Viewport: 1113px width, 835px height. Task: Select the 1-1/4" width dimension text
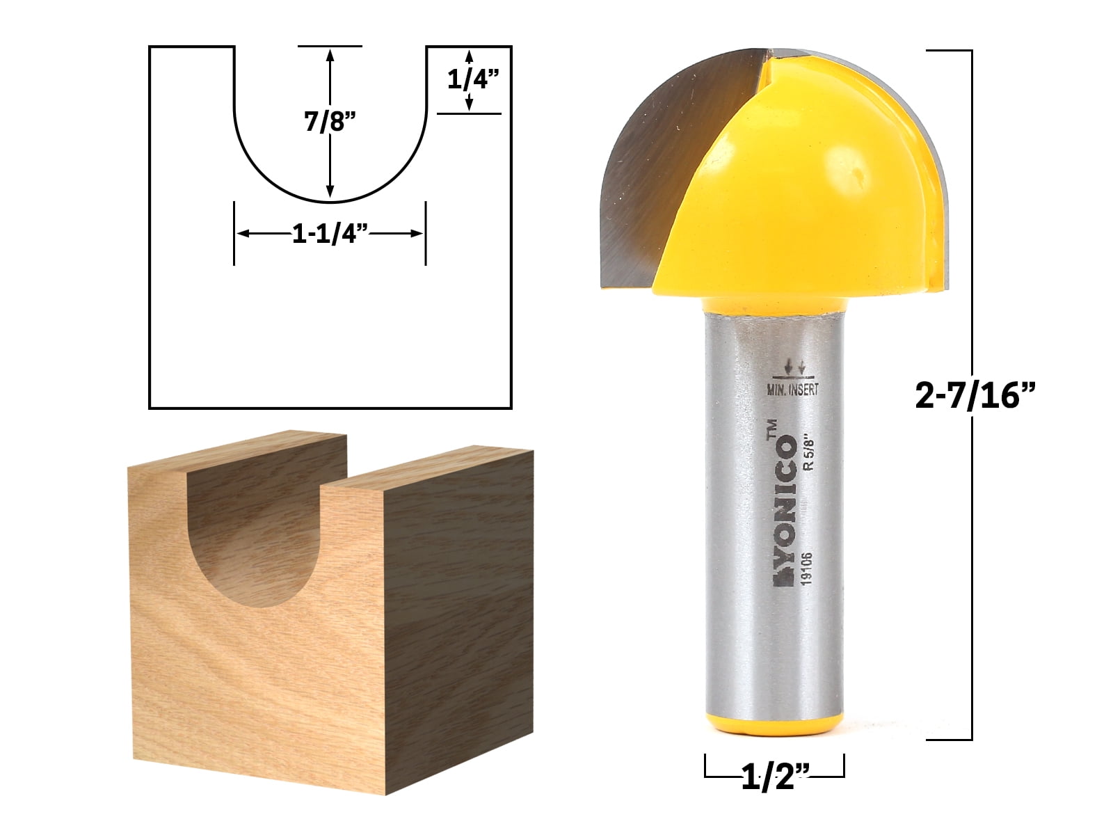pyautogui.click(x=330, y=234)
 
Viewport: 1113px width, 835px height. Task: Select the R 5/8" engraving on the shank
pyautogui.click(x=808, y=453)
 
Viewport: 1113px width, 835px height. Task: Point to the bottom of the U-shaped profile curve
pyautogui.click(x=330, y=202)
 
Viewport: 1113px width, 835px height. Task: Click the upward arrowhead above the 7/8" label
pyautogui.click(x=330, y=56)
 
